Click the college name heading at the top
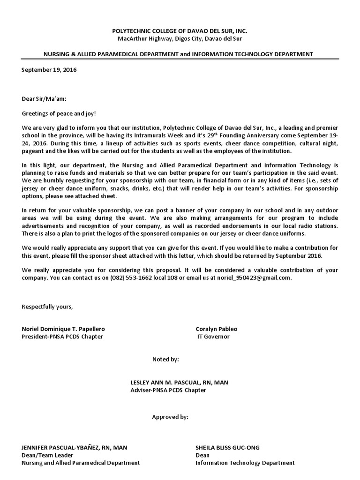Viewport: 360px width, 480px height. [180, 31]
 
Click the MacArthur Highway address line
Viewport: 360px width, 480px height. [180, 38]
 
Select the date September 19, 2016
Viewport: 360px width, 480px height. [49, 70]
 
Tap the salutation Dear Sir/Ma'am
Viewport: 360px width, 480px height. [45, 99]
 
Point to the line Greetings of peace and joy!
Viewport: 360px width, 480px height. [59, 113]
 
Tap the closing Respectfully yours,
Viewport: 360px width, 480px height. [47, 307]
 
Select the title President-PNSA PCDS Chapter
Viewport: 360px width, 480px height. [62, 337]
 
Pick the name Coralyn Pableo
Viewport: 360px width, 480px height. [217, 329]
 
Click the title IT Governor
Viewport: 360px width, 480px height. [213, 337]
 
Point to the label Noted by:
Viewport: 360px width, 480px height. [165, 359]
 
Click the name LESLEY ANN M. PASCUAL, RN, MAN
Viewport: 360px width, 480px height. [180, 382]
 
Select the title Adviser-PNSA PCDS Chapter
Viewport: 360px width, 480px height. [168, 390]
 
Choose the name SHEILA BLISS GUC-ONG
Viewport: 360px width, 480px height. [227, 448]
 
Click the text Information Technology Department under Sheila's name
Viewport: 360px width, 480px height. [245, 463]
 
